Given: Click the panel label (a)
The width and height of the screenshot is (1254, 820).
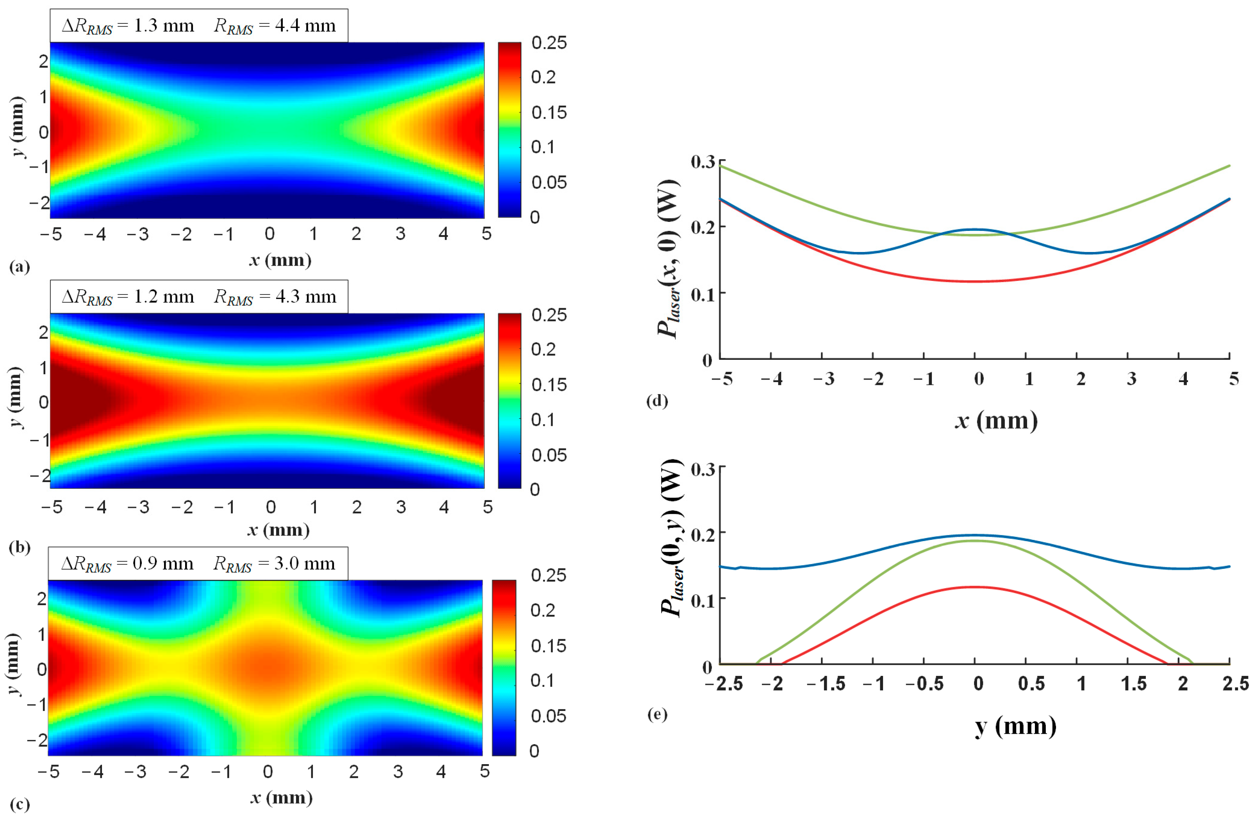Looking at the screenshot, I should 20,267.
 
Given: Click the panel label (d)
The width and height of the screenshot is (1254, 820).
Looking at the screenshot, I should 656,401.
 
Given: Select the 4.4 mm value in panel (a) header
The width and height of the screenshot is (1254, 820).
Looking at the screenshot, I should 305,26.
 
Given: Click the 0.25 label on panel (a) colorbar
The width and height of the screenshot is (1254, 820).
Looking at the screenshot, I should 548,43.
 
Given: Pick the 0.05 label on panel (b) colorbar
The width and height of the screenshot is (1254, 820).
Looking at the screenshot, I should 548,455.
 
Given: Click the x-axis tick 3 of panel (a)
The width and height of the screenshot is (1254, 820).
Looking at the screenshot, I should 400,234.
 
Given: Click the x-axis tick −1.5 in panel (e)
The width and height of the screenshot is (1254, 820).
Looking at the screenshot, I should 826,684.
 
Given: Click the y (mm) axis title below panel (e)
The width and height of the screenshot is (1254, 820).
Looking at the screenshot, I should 1015,726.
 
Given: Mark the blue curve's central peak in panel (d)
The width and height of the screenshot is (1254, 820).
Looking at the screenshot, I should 975,229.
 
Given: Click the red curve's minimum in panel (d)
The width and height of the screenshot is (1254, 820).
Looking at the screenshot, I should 975,281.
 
